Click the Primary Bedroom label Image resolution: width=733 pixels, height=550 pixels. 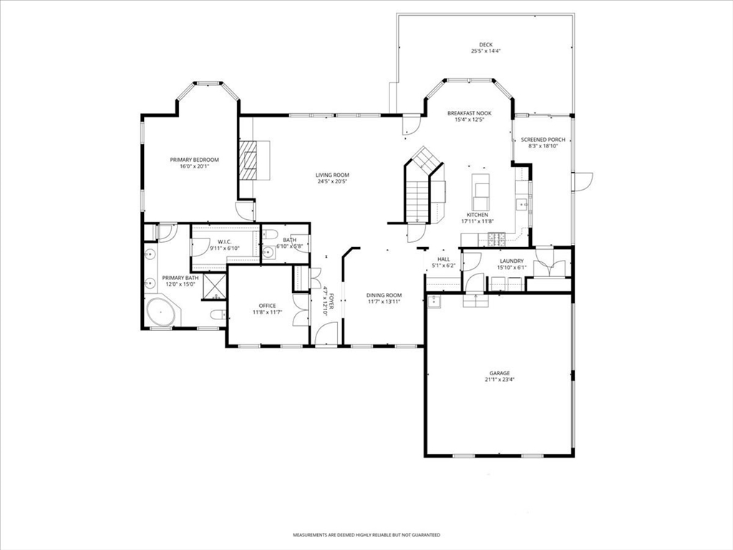[194, 160]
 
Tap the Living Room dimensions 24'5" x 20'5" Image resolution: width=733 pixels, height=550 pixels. [332, 181]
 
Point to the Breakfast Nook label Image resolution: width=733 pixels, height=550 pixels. [469, 113]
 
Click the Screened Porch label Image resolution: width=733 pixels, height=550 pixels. [543, 140]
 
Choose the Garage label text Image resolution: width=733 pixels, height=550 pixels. [499, 373]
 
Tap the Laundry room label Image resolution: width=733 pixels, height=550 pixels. [511, 261]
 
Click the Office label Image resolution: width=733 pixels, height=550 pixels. [267, 307]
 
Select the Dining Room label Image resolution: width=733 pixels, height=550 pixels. [384, 296]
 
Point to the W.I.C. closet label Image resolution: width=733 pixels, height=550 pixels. [225, 242]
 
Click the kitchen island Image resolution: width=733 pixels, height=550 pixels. [480, 192]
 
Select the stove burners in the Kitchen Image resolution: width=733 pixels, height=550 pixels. [497, 239]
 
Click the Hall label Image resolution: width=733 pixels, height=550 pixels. [444, 259]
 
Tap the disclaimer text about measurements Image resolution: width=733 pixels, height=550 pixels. [366, 534]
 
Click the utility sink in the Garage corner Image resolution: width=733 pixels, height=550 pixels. [435, 301]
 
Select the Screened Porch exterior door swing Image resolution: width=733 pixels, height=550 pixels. [582, 182]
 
